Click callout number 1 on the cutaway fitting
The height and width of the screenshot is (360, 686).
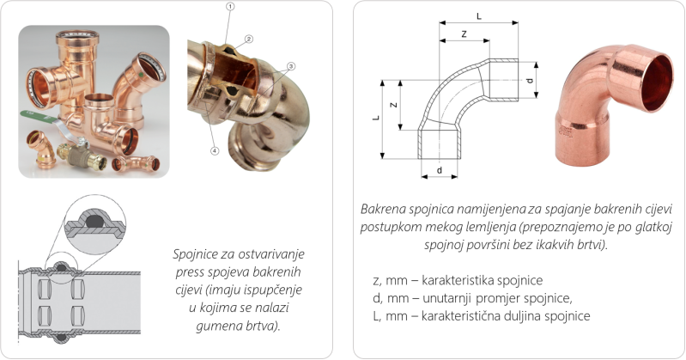point(231,6)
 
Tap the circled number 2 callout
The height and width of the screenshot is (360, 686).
point(248,39)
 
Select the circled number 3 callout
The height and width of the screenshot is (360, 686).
point(291,66)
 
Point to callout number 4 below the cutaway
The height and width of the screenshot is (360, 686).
point(215,150)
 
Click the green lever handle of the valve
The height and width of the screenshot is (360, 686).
point(38,117)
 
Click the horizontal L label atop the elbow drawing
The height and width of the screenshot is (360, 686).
point(478,16)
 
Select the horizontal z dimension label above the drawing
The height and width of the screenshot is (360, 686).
point(464,34)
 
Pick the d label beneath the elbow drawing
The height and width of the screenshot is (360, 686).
point(440,170)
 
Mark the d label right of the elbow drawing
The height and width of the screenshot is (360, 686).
point(530,81)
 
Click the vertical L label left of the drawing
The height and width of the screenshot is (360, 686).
point(376,118)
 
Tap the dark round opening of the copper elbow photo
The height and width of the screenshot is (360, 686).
point(656,82)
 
